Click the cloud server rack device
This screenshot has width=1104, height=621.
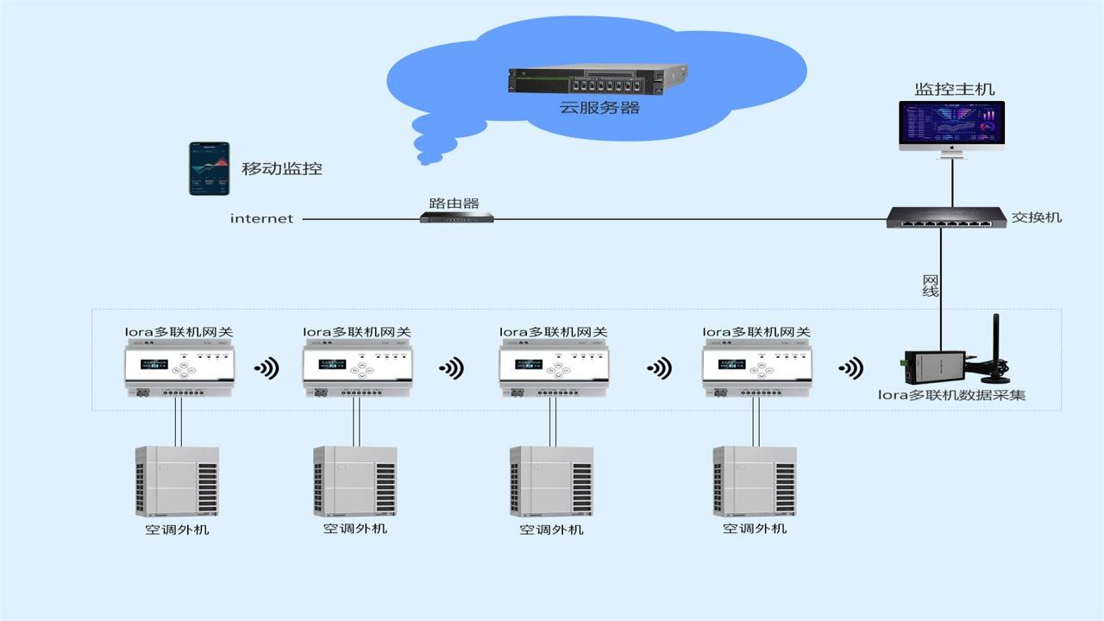597,80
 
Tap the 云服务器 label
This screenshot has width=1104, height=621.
599,109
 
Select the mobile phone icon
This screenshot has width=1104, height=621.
210,168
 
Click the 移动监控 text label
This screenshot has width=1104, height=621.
282,169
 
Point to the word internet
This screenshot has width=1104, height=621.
261,219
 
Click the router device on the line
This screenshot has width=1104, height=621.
456,218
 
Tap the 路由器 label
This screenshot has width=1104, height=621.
454,204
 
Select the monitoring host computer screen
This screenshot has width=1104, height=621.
951,125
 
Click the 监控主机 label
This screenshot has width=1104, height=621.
954,90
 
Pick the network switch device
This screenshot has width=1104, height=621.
945,218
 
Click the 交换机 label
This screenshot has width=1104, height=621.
1036,217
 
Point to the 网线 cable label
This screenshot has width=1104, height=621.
930,286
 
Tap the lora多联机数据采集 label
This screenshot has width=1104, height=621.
951,396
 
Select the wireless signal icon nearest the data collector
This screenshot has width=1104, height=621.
851,369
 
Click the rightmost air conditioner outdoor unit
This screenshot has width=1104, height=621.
755,481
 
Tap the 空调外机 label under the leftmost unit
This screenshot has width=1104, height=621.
177,530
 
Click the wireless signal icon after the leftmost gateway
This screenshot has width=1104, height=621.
267,369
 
